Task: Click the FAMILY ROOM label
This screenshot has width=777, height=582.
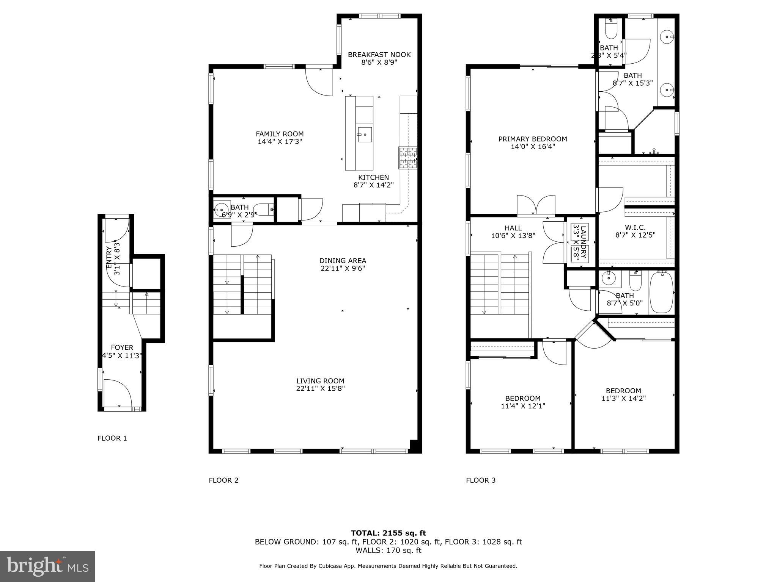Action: click(280, 134)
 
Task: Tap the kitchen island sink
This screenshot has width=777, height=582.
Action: click(364, 135)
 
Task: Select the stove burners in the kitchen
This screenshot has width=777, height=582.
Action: click(407, 158)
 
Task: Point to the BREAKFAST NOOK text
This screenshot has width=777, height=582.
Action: click(379, 55)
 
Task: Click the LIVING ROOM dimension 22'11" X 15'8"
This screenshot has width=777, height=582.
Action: click(320, 388)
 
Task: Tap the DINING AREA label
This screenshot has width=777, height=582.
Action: click(343, 261)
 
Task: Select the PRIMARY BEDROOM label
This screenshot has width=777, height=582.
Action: click(532, 139)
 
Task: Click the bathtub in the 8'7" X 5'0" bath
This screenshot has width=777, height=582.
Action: click(661, 293)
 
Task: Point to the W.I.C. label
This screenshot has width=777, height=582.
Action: click(635, 227)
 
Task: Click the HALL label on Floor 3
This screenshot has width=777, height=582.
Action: click(513, 228)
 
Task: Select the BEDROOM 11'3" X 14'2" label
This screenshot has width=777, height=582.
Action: click(623, 391)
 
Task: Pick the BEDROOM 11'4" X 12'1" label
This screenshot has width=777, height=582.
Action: click(522, 398)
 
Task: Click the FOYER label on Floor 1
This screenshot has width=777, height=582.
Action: click(122, 347)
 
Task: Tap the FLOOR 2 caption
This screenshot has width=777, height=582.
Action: click(223, 480)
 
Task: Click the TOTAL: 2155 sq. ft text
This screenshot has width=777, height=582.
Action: click(388, 533)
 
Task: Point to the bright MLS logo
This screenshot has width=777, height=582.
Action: click(47, 566)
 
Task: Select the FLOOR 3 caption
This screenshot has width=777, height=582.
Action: click(480, 480)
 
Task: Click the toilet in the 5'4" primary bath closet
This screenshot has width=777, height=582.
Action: click(611, 30)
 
